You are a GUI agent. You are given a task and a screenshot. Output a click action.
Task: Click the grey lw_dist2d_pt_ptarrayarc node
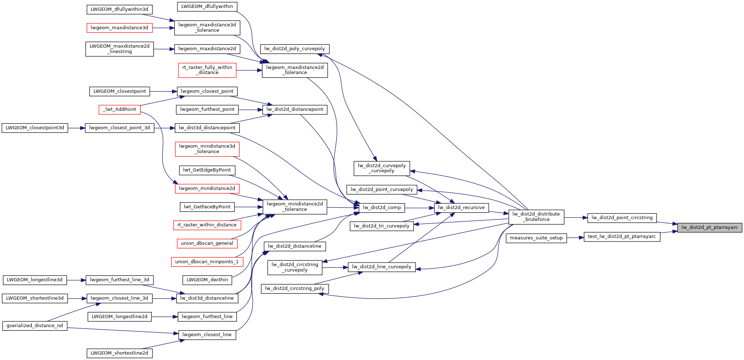pyautogui.click(x=709, y=227)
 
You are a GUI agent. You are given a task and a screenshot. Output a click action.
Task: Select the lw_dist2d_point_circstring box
pyautogui.click(x=622, y=218)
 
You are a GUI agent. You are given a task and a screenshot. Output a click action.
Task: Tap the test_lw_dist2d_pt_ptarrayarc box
pyautogui.click(x=622, y=237)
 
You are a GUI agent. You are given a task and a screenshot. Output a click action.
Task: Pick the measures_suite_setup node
pyautogui.click(x=536, y=238)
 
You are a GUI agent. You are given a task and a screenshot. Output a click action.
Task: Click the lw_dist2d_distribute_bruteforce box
pyautogui.click(x=536, y=217)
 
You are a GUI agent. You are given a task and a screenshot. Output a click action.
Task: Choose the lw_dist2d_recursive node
pyautogui.click(x=461, y=208)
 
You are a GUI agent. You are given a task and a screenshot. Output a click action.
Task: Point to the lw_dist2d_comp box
pyautogui.click(x=382, y=208)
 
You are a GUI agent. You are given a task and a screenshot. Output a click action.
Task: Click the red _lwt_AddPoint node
pyautogui.click(x=120, y=109)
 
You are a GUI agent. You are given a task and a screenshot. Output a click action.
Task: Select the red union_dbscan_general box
pyautogui.click(x=207, y=243)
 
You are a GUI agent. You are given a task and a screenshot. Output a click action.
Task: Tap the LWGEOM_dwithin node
pyautogui.click(x=207, y=280)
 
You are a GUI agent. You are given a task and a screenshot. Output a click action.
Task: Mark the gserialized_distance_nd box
pyautogui.click(x=35, y=326)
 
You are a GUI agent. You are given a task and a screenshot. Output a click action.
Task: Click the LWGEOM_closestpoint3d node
pyautogui.click(x=35, y=128)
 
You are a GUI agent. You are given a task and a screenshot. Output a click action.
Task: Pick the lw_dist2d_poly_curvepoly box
pyautogui.click(x=294, y=49)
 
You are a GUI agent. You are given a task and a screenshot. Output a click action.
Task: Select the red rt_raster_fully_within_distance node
pyautogui.click(x=207, y=70)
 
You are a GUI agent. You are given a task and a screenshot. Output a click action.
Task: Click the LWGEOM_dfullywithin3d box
pyautogui.click(x=120, y=9)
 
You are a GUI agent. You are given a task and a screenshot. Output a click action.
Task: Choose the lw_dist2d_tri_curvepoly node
pyautogui.click(x=381, y=226)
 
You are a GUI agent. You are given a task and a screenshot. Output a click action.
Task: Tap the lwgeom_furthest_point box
pyautogui.click(x=207, y=109)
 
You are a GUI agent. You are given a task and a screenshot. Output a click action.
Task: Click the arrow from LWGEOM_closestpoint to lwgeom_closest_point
pyautogui.click(x=163, y=91)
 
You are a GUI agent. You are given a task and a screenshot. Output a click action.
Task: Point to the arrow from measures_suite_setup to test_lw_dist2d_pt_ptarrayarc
pyautogui.click(x=575, y=238)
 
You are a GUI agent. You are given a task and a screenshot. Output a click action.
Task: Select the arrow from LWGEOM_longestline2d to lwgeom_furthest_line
pyautogui.click(x=164, y=317)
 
